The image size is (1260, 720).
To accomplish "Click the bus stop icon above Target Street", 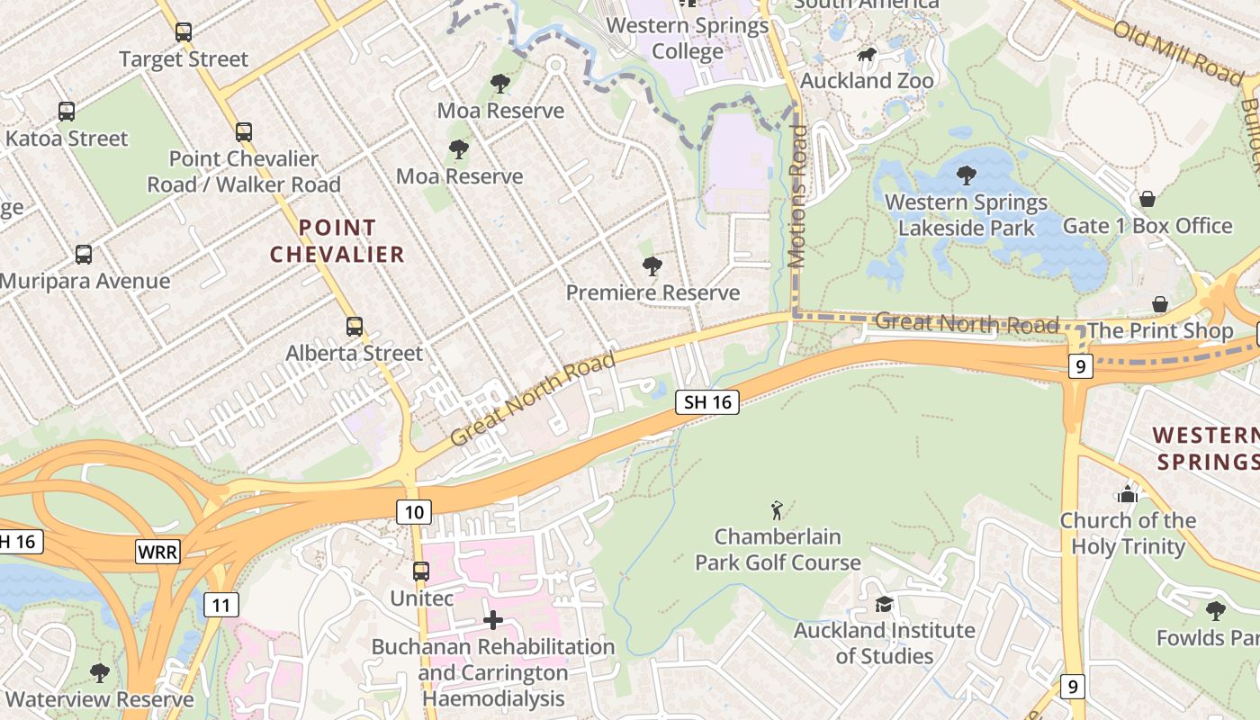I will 184,32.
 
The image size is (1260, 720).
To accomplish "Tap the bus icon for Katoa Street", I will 67,112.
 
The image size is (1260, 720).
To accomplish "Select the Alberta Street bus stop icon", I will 355,327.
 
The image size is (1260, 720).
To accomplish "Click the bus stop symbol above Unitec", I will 420,571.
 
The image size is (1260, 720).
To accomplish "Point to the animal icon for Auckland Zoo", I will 867,55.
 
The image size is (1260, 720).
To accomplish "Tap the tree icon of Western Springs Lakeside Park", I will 967,175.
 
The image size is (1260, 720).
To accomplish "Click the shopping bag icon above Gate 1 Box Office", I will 1147,199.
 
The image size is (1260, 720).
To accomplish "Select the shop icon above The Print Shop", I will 1160,305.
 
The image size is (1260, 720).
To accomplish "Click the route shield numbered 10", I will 414,512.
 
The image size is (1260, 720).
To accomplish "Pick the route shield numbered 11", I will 220,604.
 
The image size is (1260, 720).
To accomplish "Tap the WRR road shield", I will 157,551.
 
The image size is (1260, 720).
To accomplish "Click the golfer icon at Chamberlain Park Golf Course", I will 778,510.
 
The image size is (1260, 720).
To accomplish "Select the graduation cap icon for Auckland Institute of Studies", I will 884,604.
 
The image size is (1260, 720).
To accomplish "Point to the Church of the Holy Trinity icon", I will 1127,494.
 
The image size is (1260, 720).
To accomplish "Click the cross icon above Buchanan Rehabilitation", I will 492,620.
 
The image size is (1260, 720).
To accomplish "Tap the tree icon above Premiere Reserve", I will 652,266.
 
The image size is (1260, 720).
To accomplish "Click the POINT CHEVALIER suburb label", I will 337,241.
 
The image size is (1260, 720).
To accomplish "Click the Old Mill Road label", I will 1177,53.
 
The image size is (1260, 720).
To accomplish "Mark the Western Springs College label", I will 688,38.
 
